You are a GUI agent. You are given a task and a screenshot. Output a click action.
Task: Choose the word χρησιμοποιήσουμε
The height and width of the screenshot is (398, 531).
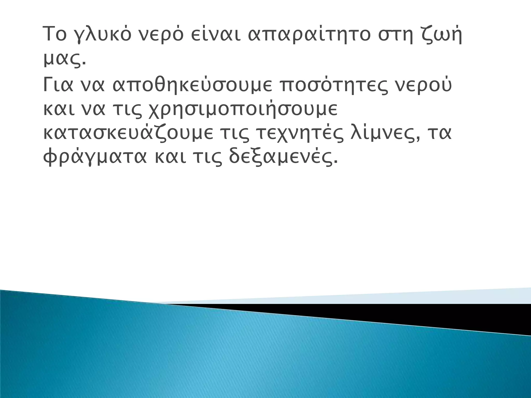[x=243, y=110]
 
